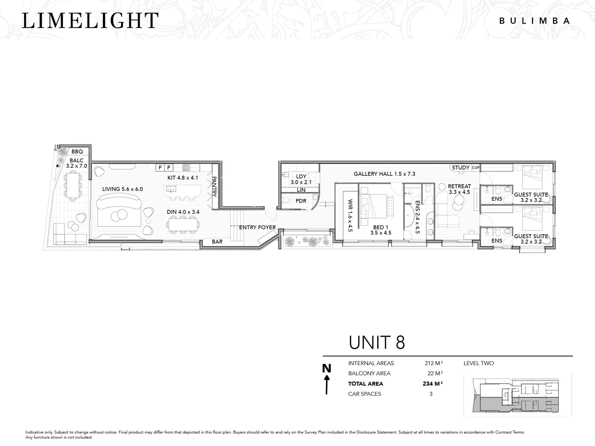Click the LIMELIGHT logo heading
[x=90, y=21]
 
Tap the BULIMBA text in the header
[x=535, y=21]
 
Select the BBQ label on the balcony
[x=77, y=152]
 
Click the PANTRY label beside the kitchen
[x=214, y=187]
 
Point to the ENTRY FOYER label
[x=257, y=228]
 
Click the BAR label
[x=217, y=242]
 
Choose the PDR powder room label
[x=301, y=201]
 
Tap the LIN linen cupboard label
[x=301, y=190]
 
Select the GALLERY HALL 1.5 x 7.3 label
[x=384, y=174]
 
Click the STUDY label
[x=461, y=168]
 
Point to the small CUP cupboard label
[x=476, y=168]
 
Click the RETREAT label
[x=459, y=186]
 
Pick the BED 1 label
[x=381, y=227]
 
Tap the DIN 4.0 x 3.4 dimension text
[x=183, y=212]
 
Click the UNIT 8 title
[x=377, y=343]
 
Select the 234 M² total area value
[x=433, y=384]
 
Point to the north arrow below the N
[x=327, y=384]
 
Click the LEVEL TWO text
[x=478, y=363]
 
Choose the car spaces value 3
[x=431, y=394]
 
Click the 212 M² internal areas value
[x=434, y=363]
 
